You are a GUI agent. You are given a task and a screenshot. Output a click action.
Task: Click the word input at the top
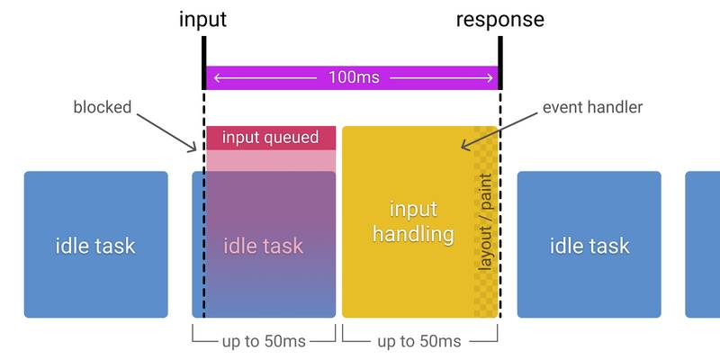203,19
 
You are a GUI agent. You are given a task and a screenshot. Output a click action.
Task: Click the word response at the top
499,19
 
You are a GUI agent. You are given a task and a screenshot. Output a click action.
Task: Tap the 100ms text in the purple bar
352,78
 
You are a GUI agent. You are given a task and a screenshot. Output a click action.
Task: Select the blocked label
102,108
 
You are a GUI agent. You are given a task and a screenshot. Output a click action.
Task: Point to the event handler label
592,108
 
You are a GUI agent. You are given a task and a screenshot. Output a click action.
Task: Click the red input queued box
270,138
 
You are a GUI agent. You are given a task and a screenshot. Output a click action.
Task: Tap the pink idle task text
262,245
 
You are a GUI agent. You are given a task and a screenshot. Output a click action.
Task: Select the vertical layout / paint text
486,221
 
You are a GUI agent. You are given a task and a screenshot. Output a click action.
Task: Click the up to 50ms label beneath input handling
419,341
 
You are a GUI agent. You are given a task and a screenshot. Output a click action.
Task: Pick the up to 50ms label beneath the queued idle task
264,341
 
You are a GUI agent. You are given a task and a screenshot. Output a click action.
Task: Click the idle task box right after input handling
589,245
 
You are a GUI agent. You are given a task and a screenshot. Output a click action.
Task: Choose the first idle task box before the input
95,245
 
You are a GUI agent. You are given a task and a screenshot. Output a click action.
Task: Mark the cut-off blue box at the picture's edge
703,245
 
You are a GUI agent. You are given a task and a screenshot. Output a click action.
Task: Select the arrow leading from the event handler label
502,130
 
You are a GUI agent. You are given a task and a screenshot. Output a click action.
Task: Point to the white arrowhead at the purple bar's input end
216,78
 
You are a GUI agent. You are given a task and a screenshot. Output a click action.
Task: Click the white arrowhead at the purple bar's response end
488,78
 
